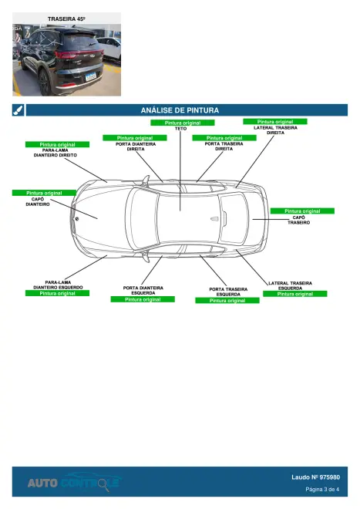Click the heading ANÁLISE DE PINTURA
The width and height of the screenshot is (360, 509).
click(x=180, y=110)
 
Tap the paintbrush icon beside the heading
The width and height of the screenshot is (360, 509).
click(x=19, y=110)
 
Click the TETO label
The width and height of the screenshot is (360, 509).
click(x=181, y=129)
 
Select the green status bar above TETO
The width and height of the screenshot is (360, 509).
click(x=183, y=123)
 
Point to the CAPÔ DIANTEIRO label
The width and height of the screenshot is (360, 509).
click(x=38, y=201)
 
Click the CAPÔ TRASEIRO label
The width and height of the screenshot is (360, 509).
click(x=298, y=220)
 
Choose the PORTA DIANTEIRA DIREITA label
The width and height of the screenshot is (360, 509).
click(x=136, y=147)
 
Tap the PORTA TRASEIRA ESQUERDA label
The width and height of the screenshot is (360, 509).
click(x=228, y=292)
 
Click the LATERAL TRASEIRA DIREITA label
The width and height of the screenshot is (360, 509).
click(x=275, y=130)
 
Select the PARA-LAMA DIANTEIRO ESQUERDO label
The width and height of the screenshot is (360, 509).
click(x=58, y=285)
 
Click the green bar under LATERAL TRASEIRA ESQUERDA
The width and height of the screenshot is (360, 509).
click(x=295, y=294)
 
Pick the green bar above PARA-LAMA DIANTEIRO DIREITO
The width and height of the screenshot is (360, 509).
click(x=58, y=144)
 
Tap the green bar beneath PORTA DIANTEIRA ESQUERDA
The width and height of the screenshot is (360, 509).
click(x=143, y=299)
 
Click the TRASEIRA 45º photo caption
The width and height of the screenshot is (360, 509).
click(x=66, y=19)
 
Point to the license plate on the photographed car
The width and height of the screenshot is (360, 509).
click(x=90, y=77)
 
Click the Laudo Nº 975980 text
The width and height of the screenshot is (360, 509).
click(x=315, y=477)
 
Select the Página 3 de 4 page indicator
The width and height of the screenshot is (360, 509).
click(x=322, y=489)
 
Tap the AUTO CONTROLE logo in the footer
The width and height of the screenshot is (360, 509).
click(x=73, y=482)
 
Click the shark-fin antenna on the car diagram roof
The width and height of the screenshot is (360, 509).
click(x=215, y=219)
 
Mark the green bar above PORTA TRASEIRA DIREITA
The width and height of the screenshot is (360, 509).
click(x=224, y=137)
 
